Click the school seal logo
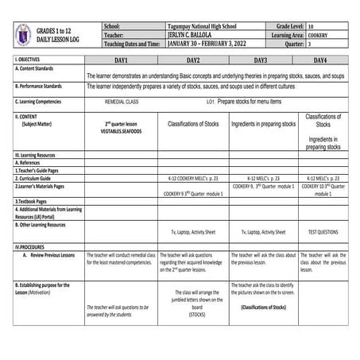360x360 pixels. (21, 35)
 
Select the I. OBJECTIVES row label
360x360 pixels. (30, 60)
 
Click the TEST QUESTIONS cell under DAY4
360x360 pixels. (323, 232)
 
